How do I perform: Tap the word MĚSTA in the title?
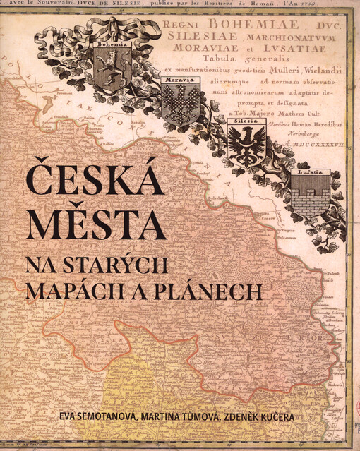(96, 222)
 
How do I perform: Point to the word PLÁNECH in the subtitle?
(212, 290)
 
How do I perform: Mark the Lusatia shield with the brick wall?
(310, 193)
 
